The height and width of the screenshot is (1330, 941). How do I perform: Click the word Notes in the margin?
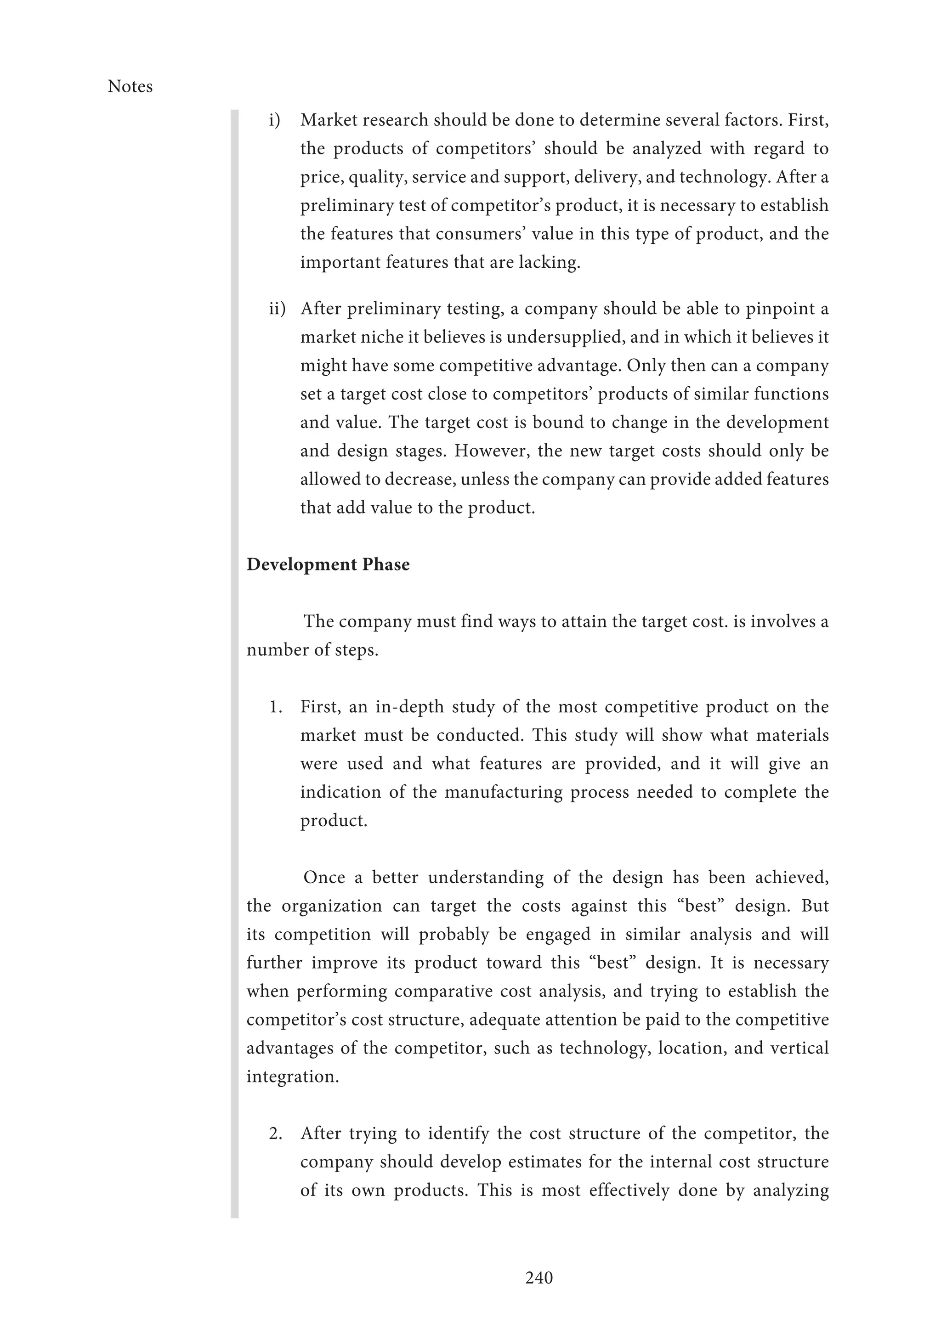(x=130, y=86)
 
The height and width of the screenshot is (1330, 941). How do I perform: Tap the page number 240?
(x=539, y=1277)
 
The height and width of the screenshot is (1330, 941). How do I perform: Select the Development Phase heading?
(x=328, y=564)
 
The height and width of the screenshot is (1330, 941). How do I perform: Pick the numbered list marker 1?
(x=276, y=707)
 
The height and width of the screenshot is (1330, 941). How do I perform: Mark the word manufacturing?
(x=504, y=792)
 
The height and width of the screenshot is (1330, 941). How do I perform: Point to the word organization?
(x=331, y=906)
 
